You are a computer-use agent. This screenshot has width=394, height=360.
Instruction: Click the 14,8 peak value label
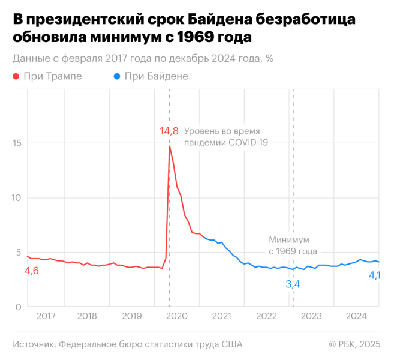click(169, 130)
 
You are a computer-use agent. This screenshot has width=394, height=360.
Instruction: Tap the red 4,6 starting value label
click(31, 271)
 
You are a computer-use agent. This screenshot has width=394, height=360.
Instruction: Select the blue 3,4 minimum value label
click(293, 284)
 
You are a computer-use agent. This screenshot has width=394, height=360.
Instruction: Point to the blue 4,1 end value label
click(374, 275)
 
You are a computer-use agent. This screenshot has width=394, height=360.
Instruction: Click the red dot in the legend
click(15, 76)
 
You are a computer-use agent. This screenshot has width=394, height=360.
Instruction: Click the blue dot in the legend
click(117, 76)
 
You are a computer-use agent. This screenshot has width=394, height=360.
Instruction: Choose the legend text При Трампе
click(52, 76)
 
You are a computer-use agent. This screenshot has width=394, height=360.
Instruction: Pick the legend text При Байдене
click(157, 76)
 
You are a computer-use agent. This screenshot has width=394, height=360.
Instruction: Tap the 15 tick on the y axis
click(16, 143)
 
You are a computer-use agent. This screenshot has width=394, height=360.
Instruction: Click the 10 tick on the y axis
click(16, 198)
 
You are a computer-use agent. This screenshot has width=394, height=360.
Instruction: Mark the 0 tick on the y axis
click(19, 307)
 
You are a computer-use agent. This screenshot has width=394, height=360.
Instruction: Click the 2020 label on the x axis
click(177, 316)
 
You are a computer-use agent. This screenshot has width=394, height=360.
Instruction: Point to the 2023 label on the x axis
click(311, 316)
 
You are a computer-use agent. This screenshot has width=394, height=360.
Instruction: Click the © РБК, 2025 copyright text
click(354, 344)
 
